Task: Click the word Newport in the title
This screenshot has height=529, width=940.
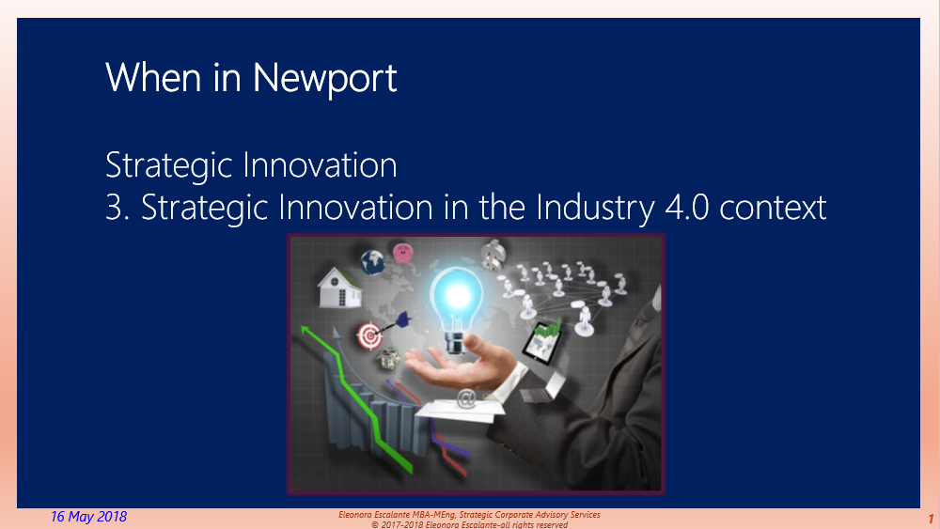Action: [325, 77]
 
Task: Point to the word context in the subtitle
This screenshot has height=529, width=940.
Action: [774, 208]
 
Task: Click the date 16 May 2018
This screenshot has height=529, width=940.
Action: [88, 517]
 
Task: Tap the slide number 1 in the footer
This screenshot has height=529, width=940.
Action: [930, 519]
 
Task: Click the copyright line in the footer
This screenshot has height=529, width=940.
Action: [469, 524]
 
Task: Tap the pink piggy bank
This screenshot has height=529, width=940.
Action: [404, 253]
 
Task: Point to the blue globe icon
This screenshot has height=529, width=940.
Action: [373, 261]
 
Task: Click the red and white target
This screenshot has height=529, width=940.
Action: [369, 334]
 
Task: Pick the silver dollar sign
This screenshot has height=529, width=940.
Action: [493, 254]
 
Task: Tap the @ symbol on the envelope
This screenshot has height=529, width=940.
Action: [465, 398]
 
